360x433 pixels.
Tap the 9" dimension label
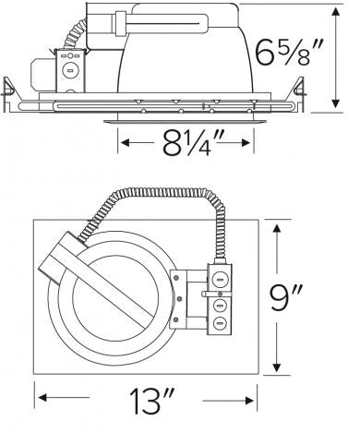tap(287, 297)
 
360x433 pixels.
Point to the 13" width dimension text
tap(151, 401)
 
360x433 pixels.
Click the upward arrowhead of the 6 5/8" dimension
tap(336, 12)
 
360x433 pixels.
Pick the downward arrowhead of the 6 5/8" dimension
tap(336, 103)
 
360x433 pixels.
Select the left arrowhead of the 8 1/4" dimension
tap(126, 143)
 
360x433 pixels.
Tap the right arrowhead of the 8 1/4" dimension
tap(246, 143)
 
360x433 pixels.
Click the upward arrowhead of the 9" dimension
tap(277, 230)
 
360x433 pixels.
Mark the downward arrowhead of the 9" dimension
tap(277, 367)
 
